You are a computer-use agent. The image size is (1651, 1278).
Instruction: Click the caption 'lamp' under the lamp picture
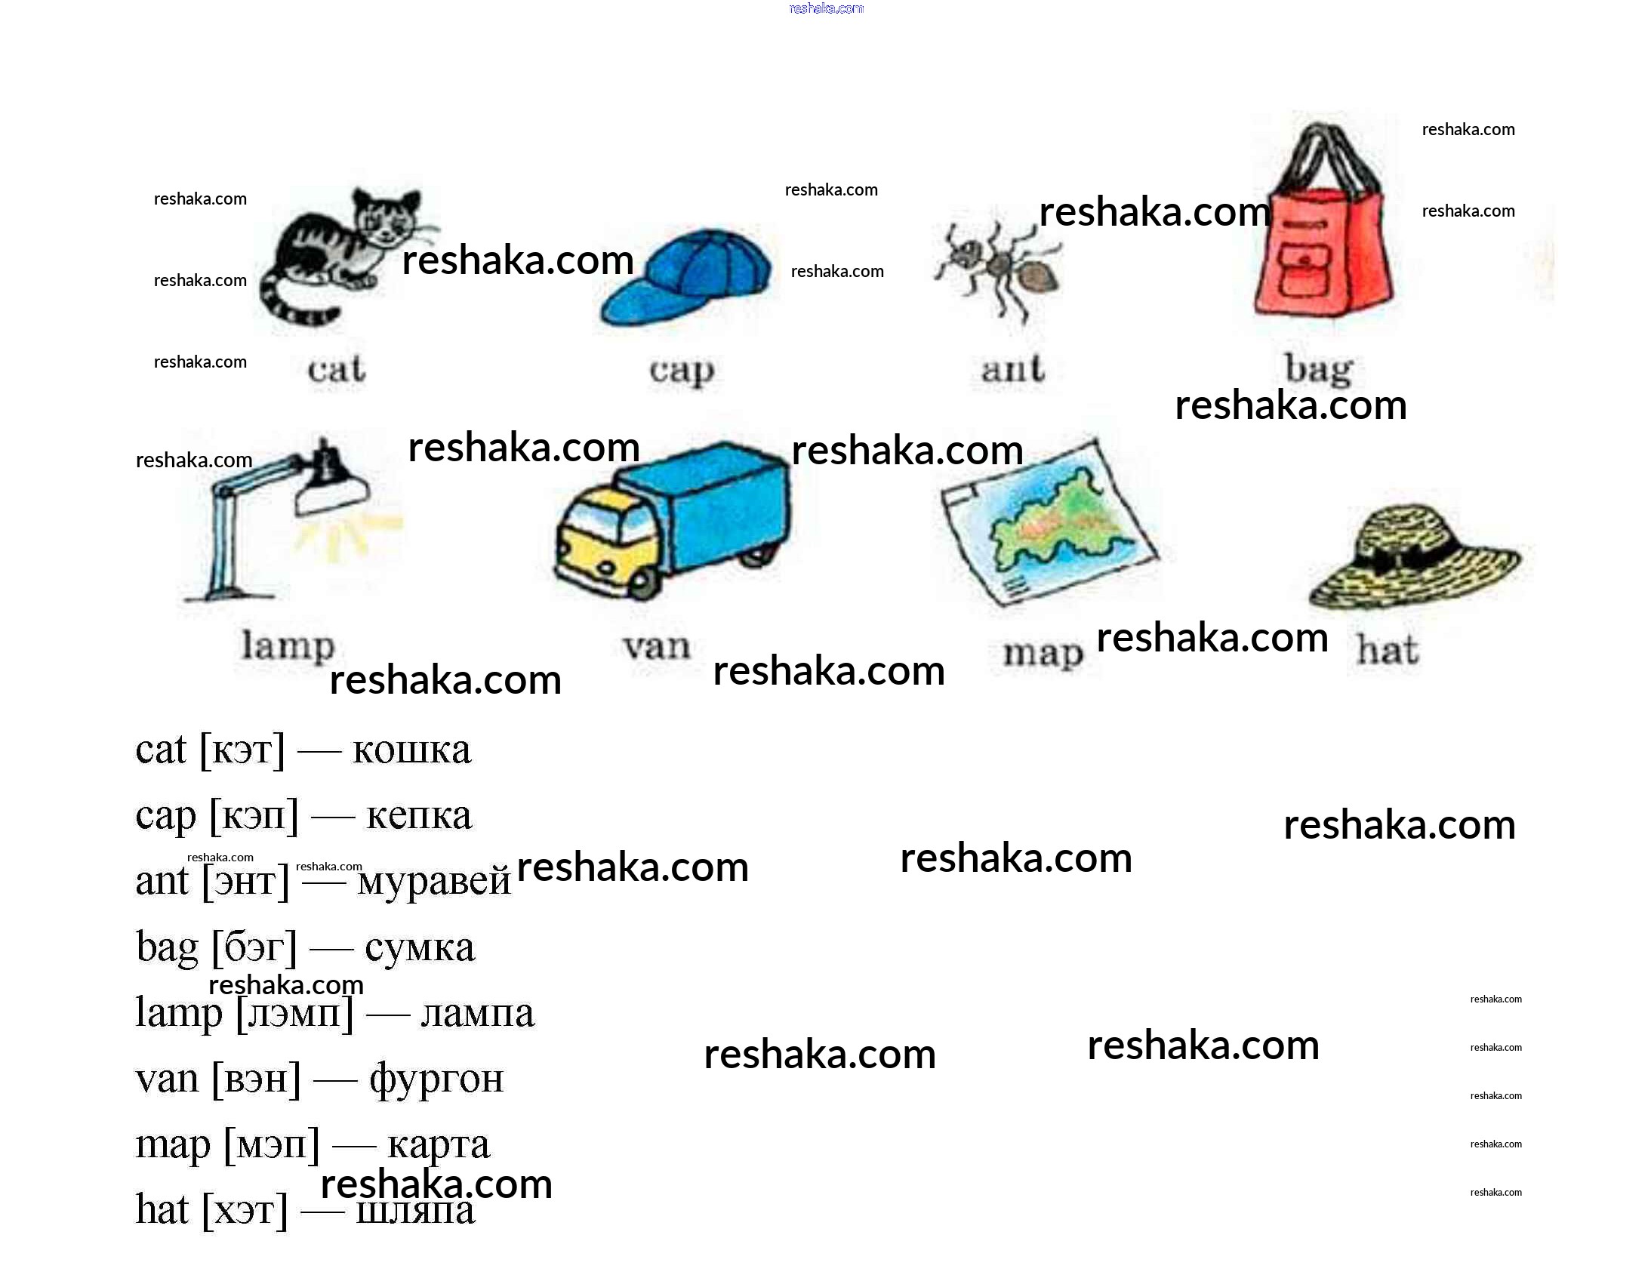288,646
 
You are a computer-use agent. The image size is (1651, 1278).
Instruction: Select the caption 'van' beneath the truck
656,646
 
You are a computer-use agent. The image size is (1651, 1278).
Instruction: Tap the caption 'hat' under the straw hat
1388,650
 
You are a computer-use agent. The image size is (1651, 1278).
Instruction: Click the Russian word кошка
412,750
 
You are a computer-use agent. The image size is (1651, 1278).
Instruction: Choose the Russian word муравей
434,881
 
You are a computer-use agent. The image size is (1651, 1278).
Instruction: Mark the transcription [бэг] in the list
254,947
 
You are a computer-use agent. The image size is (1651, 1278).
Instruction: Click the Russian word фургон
436,1079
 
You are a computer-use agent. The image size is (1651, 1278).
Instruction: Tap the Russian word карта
439,1144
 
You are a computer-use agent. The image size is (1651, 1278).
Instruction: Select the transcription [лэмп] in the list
295,1013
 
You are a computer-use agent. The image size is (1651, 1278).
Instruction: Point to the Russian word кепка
419,815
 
